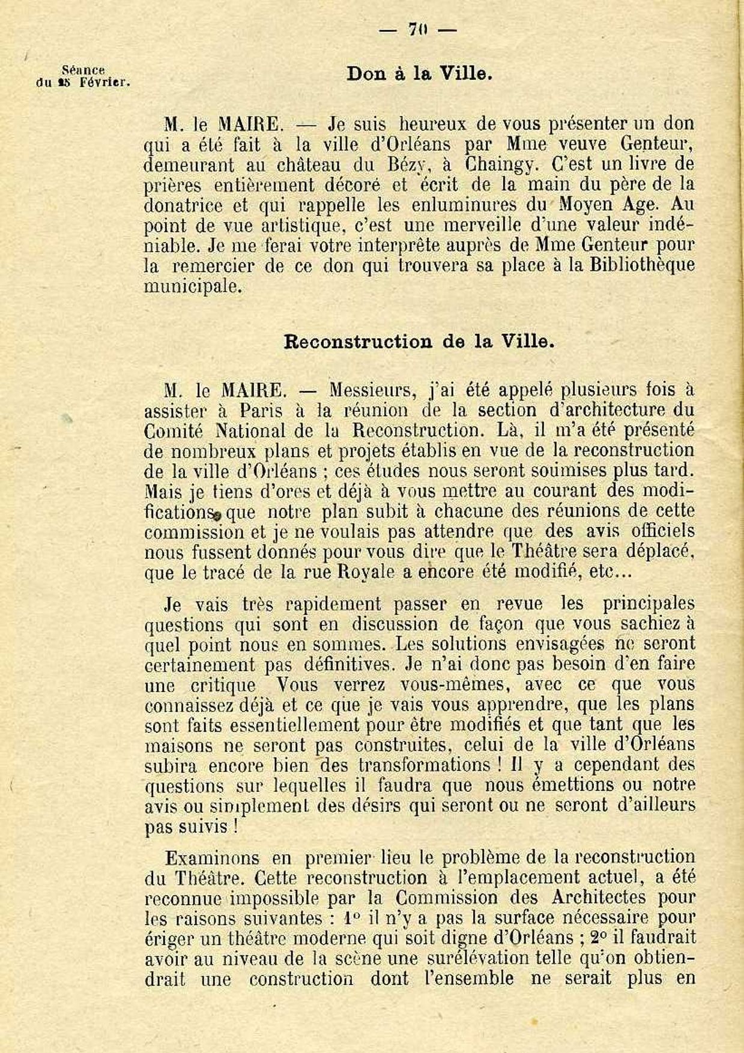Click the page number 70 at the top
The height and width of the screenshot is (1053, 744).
pyautogui.click(x=417, y=30)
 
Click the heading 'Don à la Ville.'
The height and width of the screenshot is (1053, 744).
pyautogui.click(x=419, y=74)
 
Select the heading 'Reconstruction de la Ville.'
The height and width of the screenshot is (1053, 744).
pyautogui.click(x=419, y=342)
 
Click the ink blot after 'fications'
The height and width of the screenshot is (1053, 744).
pyautogui.click(x=217, y=514)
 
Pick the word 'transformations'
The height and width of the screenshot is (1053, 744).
pyautogui.click(x=425, y=765)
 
